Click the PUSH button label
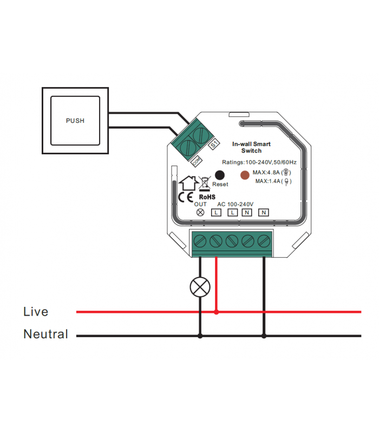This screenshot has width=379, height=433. pos(75,121)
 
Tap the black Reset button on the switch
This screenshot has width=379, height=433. pos(220,175)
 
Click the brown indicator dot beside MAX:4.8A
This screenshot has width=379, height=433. pos(245,175)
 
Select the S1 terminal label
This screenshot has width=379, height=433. pos(214,145)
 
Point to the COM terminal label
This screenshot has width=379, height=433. pos(195,161)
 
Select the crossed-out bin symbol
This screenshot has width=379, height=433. pos(205,183)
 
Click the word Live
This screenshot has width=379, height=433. pos(36,312)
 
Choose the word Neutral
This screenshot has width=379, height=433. pos(45,334)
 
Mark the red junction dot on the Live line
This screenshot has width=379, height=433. pos(217,312)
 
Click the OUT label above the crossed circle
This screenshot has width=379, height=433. pos(200,204)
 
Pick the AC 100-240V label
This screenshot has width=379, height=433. pos(236,204)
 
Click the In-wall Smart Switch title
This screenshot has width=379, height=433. pos(251,147)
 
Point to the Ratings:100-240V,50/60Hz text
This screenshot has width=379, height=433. pos(259,162)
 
